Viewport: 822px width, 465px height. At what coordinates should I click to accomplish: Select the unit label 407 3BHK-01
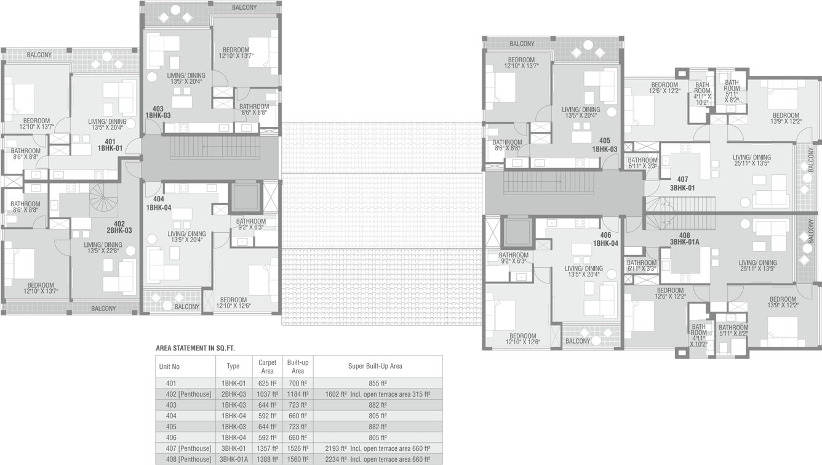click(683, 184)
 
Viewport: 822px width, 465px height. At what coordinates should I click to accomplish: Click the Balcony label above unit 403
click(244, 7)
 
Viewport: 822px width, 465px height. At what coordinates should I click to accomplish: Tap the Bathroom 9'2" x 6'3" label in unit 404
click(250, 224)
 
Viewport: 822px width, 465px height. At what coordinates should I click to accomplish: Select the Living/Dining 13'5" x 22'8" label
click(103, 248)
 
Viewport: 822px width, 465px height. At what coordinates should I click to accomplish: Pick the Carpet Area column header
click(267, 366)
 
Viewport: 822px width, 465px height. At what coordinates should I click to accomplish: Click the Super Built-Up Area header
click(375, 366)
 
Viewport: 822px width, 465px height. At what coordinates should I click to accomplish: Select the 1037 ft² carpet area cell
click(267, 394)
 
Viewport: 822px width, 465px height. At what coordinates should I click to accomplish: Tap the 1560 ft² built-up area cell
click(298, 459)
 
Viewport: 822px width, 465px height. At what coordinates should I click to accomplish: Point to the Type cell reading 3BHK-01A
click(233, 459)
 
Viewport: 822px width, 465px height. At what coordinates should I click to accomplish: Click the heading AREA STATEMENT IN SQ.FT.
click(196, 349)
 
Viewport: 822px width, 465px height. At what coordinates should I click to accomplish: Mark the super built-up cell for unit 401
click(375, 383)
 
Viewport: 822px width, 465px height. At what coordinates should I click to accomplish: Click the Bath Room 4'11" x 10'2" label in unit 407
click(703, 92)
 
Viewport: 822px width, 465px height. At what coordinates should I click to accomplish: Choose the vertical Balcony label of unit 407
click(811, 160)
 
